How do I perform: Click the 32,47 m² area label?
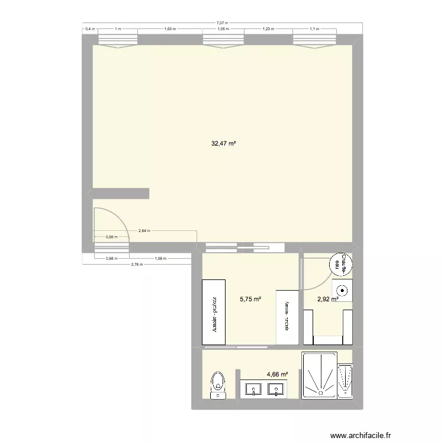point(223,143)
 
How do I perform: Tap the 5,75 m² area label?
point(250,300)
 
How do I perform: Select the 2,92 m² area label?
point(327,300)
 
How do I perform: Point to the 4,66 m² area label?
point(277,374)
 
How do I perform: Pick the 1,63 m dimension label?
point(169,28)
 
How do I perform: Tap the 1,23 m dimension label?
point(269,28)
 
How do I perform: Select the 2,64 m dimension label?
point(144,231)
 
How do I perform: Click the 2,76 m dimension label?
point(136,264)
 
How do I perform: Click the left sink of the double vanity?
point(254,390)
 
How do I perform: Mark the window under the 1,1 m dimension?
point(313,40)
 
